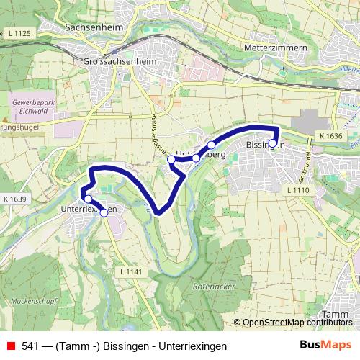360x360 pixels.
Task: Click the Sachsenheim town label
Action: (97, 28)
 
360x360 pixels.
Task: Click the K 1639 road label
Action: (14, 199)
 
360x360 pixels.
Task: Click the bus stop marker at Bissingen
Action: (272, 143)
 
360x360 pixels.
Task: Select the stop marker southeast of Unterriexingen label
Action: (104, 212)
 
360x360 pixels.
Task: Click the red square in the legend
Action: (11, 346)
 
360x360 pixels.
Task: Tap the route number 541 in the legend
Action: (30, 346)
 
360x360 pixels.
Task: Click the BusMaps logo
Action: (325, 345)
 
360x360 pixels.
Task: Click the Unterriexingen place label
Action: (89, 207)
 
